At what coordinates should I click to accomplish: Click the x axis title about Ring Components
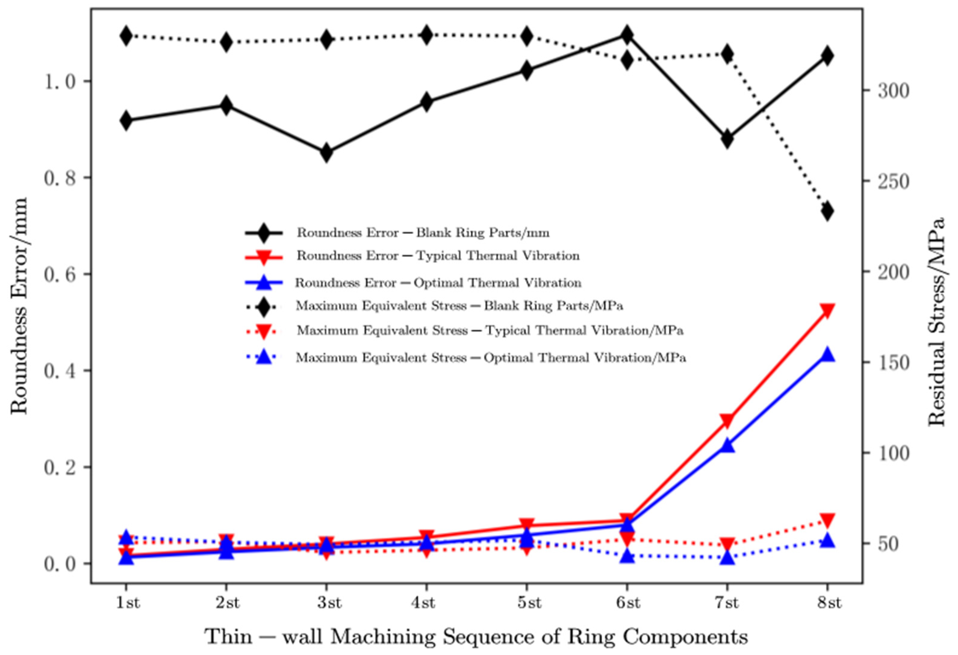click(476, 636)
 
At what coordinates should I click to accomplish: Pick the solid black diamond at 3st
click(326, 152)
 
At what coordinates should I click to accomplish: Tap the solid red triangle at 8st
click(827, 310)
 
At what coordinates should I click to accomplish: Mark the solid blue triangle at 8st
click(827, 354)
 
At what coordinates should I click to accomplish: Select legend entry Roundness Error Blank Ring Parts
click(422, 233)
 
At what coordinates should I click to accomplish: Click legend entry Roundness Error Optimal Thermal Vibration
click(438, 283)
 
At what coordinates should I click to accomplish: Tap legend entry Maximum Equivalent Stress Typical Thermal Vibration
click(490, 331)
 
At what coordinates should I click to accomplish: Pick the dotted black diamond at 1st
click(126, 36)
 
